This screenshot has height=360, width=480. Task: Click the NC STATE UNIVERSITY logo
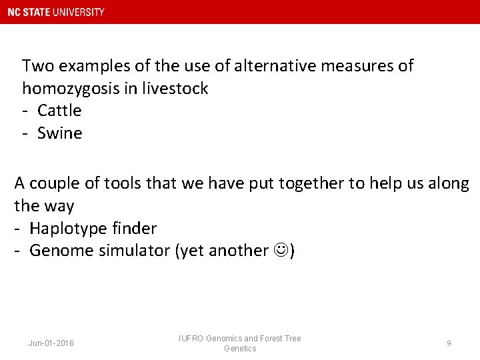tap(56, 12)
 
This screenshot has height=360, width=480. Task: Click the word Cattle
tap(59, 110)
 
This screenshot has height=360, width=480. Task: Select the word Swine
tap(59, 133)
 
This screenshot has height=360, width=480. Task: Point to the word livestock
tap(175, 88)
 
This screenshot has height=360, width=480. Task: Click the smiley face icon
tap(280, 251)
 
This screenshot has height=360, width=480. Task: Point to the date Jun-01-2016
tap(51, 343)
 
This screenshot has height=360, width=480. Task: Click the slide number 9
tap(449, 343)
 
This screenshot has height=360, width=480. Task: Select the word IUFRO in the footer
tap(191, 339)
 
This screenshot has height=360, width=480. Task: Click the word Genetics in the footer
tap(240, 349)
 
